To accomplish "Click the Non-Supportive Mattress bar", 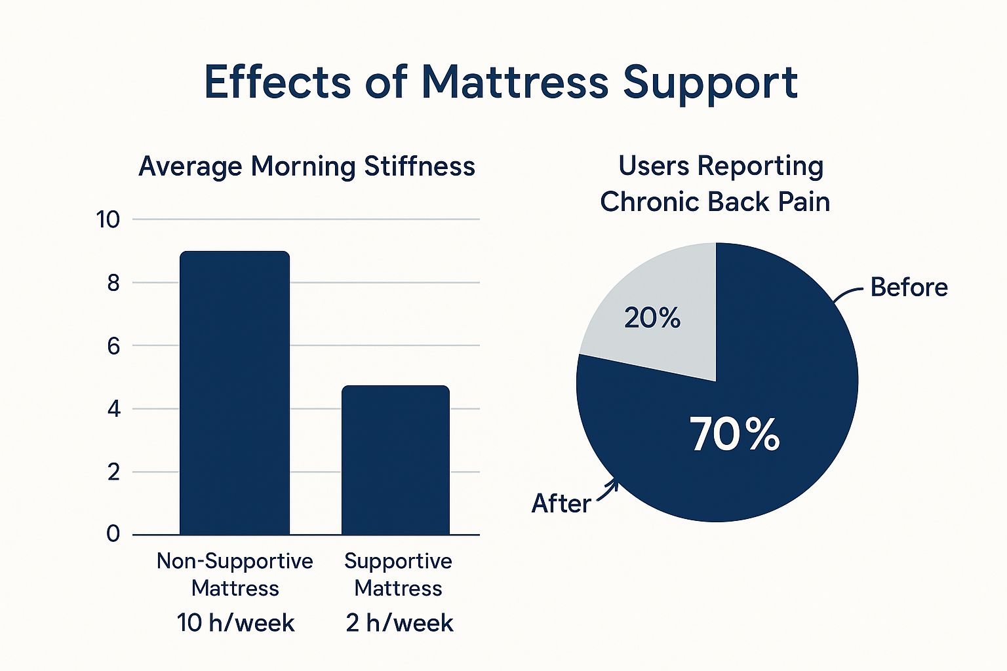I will (234, 393).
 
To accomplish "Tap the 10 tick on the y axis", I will (108, 220).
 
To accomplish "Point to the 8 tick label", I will (113, 283).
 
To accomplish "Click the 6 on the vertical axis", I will (113, 346).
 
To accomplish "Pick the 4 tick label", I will (113, 410).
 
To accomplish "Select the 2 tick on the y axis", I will (113, 472).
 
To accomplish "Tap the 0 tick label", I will (113, 535).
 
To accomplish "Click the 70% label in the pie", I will (734, 434).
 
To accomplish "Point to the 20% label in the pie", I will (652, 318).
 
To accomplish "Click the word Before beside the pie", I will (909, 288).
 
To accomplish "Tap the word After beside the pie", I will (561, 504).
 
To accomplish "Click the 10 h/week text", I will (235, 623).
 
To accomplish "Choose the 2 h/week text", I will (399, 623).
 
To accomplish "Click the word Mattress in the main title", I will (515, 83).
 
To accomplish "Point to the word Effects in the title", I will (277, 83).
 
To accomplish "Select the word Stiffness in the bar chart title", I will (420, 166).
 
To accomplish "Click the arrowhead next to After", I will (614, 485).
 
